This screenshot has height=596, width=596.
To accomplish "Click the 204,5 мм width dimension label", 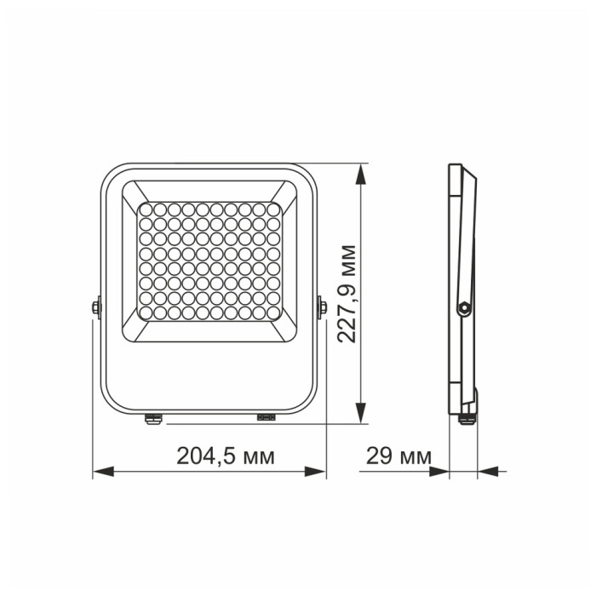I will pyautogui.click(x=225, y=456).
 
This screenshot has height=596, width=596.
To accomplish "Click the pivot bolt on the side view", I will pyautogui.click(x=463, y=306).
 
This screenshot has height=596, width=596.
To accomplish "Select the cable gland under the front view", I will pyautogui.click(x=153, y=417).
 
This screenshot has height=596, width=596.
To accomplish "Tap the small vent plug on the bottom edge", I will pyautogui.click(x=267, y=417).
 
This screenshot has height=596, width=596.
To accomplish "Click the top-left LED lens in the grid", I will pyautogui.click(x=144, y=209).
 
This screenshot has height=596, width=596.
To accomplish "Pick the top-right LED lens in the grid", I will pyautogui.click(x=273, y=209).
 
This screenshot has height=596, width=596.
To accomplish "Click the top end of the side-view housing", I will pyautogui.click(x=456, y=166).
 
